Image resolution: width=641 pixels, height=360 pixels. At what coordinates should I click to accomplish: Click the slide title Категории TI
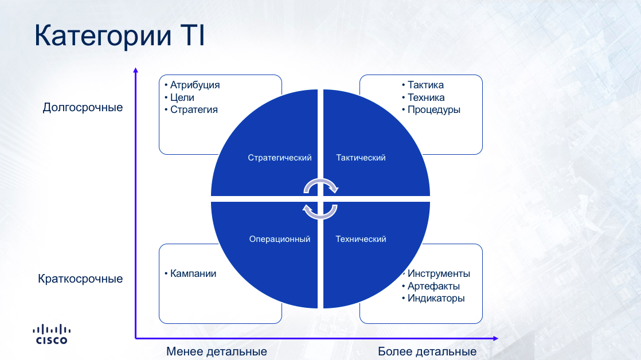[x=119, y=36]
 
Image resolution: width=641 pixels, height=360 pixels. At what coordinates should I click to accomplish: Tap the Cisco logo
[x=52, y=334]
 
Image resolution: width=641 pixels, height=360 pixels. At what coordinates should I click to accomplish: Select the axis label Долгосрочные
[x=83, y=107]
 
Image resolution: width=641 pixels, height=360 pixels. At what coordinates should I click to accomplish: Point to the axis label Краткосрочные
[x=80, y=279]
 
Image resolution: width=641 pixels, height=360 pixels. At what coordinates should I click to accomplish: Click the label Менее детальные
[x=217, y=351]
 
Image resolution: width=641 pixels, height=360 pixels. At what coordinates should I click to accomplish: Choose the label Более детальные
[x=427, y=351]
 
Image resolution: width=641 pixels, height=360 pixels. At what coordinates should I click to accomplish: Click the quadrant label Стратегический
[x=280, y=158]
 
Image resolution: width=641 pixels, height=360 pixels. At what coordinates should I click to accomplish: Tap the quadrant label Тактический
[x=361, y=158]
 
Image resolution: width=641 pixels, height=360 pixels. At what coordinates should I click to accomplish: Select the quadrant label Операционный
[x=280, y=239]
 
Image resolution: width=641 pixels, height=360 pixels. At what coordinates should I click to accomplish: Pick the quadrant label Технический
[x=361, y=239]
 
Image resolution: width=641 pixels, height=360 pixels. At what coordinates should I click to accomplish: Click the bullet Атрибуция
[x=194, y=85]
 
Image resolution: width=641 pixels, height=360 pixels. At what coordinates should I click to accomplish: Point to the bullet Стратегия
[x=194, y=109]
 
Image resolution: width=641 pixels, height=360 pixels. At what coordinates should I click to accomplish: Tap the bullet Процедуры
[x=434, y=109]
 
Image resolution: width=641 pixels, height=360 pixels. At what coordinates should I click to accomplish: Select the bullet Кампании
[x=193, y=273]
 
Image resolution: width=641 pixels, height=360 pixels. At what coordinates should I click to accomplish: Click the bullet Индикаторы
[x=436, y=298]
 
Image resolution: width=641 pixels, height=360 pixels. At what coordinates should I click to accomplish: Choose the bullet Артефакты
[x=433, y=286]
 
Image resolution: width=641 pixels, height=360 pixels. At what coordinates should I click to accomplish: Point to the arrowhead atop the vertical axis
[x=136, y=71]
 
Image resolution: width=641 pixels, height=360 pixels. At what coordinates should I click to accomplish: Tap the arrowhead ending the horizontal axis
[x=495, y=338]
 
